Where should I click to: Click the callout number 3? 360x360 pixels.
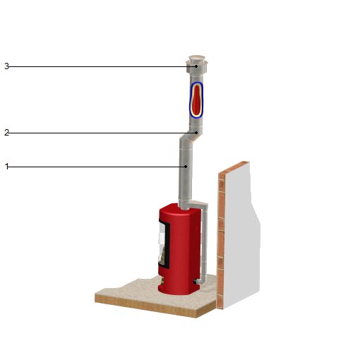[6, 66]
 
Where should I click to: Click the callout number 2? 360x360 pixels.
[6, 133]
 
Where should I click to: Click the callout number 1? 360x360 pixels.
[6, 167]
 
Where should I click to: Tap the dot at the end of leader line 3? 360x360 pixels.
[196, 66]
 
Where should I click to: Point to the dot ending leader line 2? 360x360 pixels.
[196, 133]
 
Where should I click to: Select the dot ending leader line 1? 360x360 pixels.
[186, 167]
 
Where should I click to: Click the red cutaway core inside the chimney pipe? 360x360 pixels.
[196, 101]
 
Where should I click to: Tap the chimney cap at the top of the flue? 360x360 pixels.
[197, 64]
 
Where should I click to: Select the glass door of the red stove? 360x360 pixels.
[164, 244]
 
